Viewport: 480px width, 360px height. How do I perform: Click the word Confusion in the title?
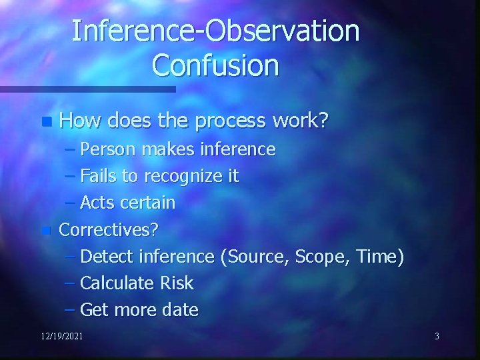pyautogui.click(x=215, y=65)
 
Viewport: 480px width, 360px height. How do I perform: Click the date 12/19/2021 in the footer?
pyautogui.click(x=61, y=336)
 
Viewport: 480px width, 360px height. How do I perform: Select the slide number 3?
pyautogui.click(x=437, y=336)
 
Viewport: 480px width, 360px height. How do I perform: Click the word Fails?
pyautogui.click(x=99, y=176)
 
